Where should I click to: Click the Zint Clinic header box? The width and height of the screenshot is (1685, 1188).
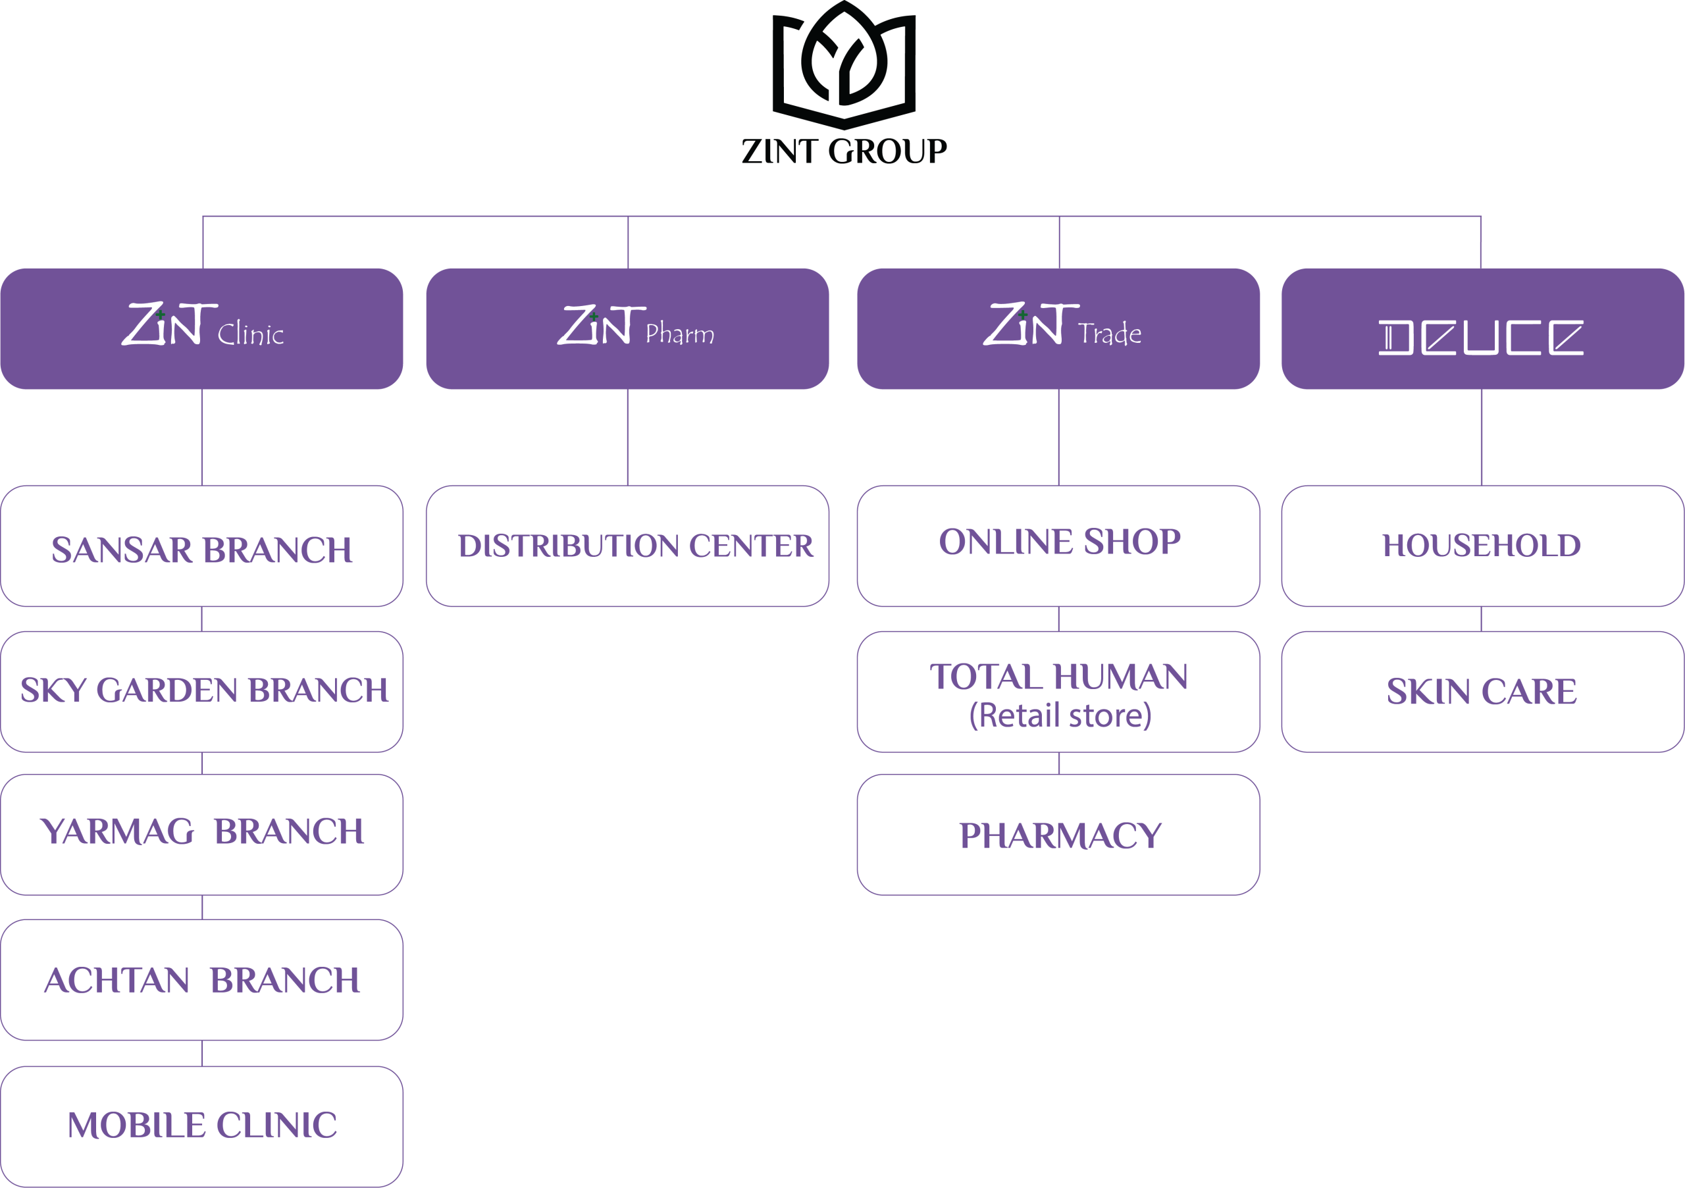coord(202,328)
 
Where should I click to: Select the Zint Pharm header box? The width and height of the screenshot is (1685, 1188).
coord(627,328)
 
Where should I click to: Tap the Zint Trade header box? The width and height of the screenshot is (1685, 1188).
coord(1058,328)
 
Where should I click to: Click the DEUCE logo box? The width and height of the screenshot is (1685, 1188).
coord(1482,328)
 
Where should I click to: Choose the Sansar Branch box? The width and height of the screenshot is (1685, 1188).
coord(202,547)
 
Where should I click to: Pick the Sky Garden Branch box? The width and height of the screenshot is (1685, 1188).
coord(202,691)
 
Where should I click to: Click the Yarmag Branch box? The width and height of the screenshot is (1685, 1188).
coord(202,835)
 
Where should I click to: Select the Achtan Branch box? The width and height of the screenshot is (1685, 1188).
coord(202,979)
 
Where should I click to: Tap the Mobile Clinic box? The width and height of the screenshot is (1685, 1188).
coord(202,1125)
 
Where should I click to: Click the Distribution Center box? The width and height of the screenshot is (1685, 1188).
coord(627,547)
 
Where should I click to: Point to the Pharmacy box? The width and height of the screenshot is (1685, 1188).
coord(1058,835)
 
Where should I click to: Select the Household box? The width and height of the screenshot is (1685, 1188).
coord(1482,547)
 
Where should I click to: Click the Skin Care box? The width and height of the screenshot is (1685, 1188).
coord(1482,691)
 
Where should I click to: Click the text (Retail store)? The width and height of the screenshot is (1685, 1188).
coord(1060,715)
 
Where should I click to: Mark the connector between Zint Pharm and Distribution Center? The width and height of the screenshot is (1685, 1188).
coord(627,436)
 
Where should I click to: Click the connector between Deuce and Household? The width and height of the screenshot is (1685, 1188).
coord(1482,436)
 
